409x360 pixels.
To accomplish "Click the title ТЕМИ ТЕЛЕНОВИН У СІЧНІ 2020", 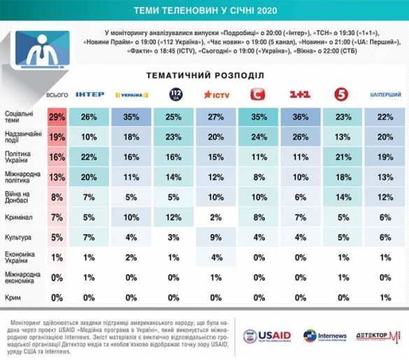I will coord(204,10).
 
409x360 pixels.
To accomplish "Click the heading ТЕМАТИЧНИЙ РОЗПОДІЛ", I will coord(204,75).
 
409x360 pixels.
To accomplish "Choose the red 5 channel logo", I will coord(342,94).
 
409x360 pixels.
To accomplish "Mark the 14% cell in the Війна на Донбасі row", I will coord(342,199).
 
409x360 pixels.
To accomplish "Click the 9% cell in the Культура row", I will coord(217,237).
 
